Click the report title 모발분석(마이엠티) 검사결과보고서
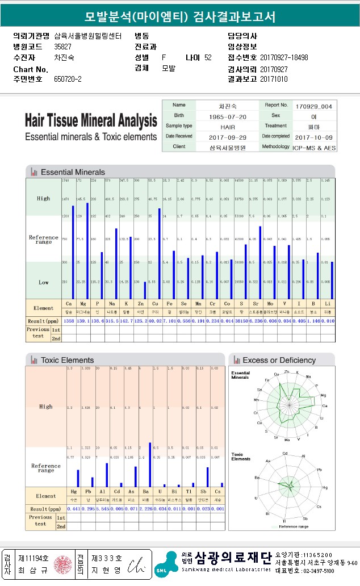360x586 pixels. [179, 17]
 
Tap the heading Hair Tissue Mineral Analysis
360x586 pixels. [91, 121]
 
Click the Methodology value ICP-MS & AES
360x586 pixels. [313, 147]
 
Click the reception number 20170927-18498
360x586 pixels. [284, 58]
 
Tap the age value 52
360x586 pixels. [208, 58]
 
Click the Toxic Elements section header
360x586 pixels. [67, 360]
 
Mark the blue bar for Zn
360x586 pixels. [145, 290]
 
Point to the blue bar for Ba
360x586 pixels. [149, 464]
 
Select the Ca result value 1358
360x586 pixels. [69, 321]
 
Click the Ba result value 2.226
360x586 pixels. [146, 508]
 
